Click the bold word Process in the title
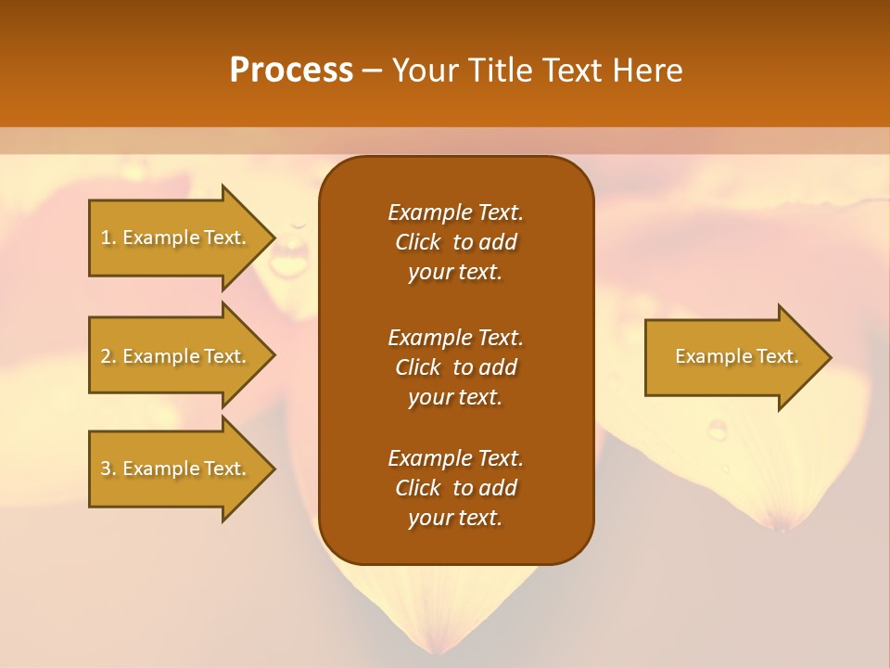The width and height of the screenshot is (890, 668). (291, 71)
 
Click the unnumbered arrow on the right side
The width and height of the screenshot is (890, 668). (732, 356)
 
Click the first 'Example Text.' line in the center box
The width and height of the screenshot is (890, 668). (455, 212)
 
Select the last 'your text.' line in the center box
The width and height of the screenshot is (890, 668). (455, 518)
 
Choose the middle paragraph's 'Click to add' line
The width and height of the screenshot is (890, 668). (455, 367)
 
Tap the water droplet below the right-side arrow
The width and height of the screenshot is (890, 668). (718, 430)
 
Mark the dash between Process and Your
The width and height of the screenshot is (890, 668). (373, 71)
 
